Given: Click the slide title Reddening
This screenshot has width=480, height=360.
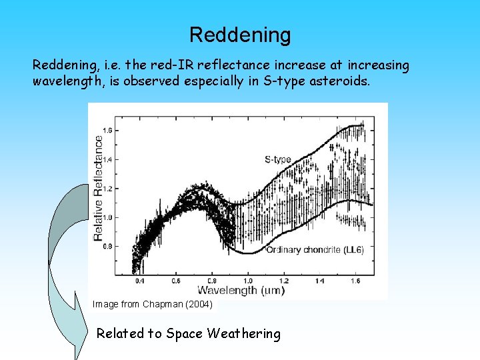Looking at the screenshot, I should pyautogui.click(x=240, y=35).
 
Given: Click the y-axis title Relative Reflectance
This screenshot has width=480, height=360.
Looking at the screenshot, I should pyautogui.click(x=99, y=188).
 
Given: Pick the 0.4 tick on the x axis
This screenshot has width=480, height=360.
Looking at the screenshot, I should pyautogui.click(x=138, y=281).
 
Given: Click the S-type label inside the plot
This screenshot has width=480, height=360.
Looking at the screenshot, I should pyautogui.click(x=277, y=159).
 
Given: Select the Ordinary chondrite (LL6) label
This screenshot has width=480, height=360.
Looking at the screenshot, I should pyautogui.click(x=319, y=249).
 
